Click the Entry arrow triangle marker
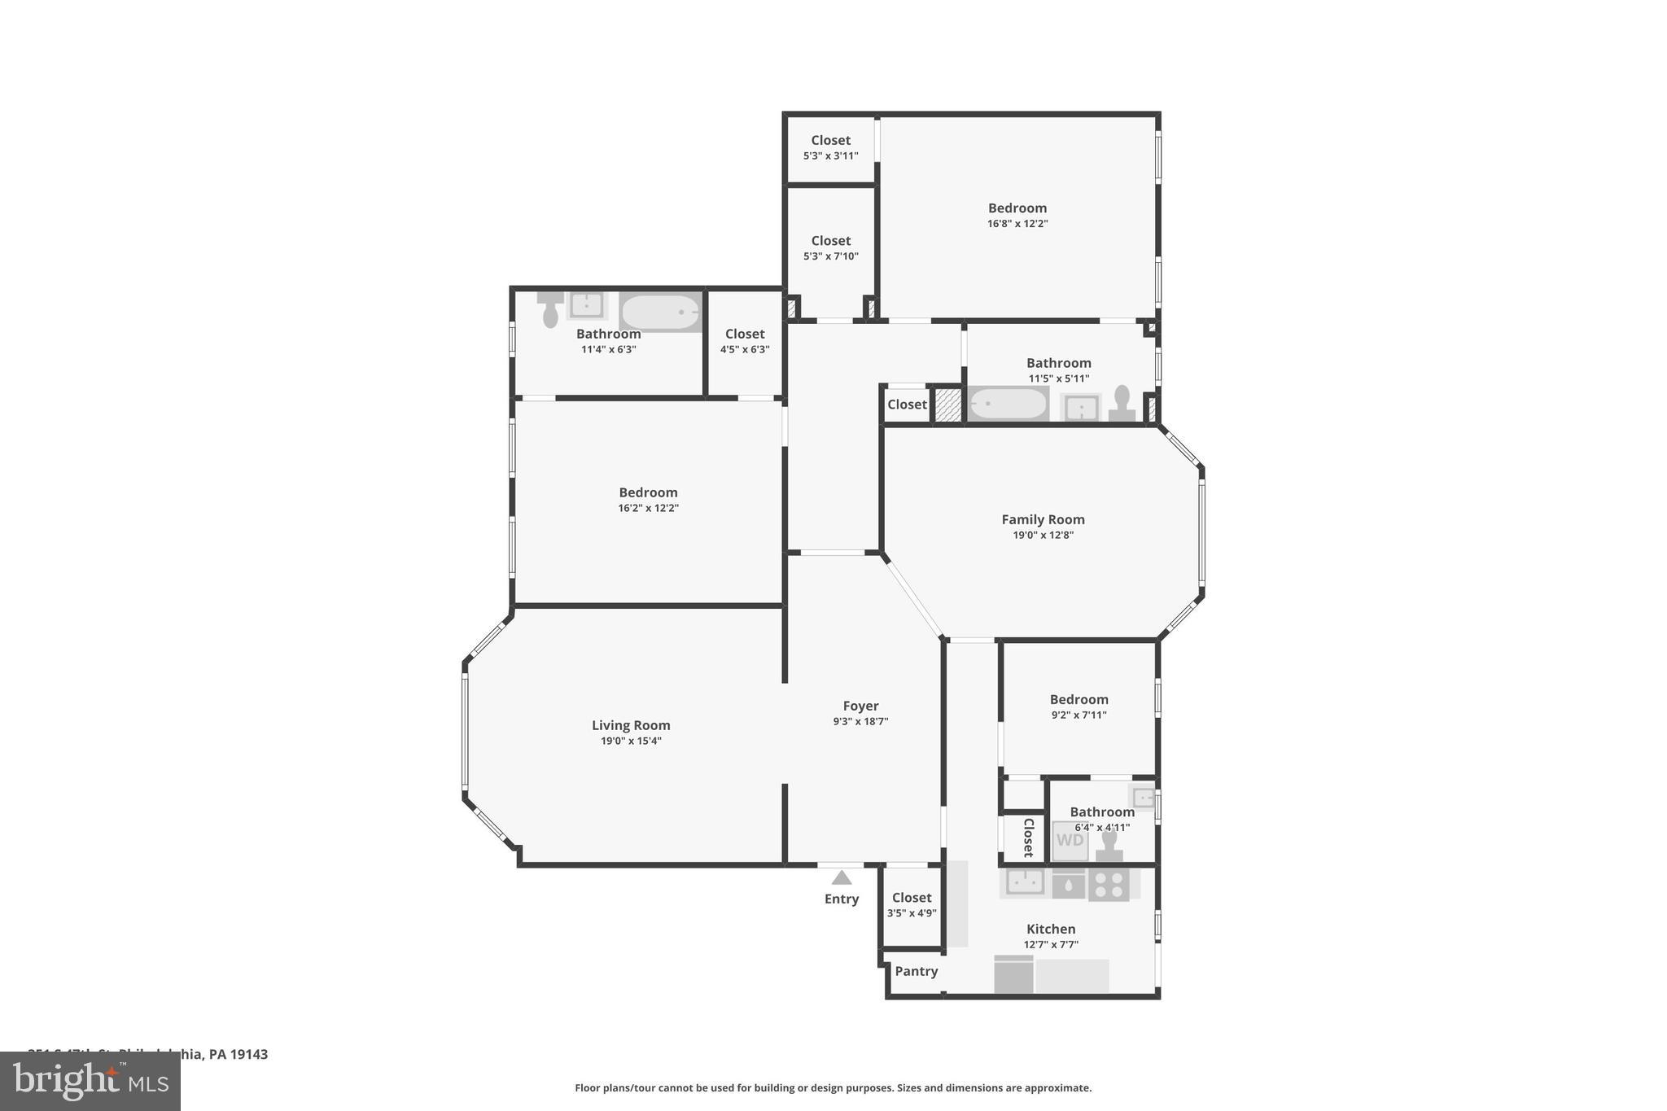point(842,877)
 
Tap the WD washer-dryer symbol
point(1070,840)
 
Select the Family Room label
point(1043,519)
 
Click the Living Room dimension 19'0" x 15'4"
point(631,741)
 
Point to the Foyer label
point(860,706)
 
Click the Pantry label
point(916,971)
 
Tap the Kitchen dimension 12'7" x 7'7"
point(1051,944)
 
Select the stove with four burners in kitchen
point(1109,884)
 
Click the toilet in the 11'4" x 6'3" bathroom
point(550,309)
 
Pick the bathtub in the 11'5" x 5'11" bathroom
point(1008,404)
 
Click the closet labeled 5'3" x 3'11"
point(830,147)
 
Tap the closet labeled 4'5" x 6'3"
point(745,341)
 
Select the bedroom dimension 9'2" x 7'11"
point(1079,715)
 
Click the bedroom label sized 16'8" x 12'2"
point(1017,208)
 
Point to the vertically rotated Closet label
point(1028,838)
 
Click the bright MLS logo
point(90,1082)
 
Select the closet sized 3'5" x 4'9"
point(912,905)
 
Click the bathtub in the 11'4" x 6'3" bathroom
point(661,313)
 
